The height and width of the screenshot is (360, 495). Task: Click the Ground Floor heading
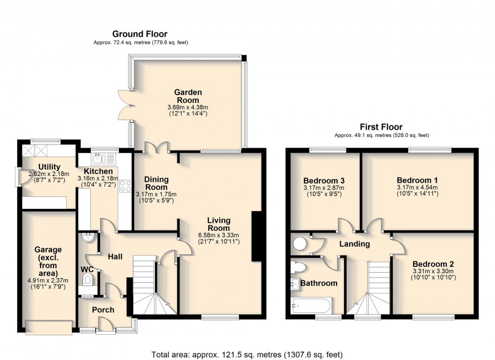(x=139, y=34)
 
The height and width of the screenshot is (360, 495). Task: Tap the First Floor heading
(x=380, y=127)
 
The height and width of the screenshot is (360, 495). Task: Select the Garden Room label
(x=188, y=96)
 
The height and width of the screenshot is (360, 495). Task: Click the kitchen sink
(x=103, y=158)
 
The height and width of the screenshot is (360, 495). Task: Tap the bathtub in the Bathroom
(x=311, y=306)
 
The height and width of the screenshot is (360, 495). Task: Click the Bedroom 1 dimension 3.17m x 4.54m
(x=418, y=188)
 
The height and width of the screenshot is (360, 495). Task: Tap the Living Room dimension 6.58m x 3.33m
(x=219, y=234)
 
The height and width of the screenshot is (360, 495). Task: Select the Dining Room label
(x=156, y=183)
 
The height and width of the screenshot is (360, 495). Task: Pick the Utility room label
(x=49, y=167)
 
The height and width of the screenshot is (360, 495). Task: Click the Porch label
(x=103, y=310)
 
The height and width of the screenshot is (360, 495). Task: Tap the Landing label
(x=355, y=244)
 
